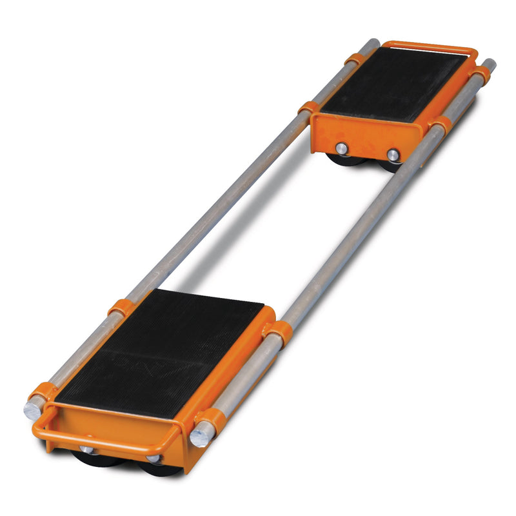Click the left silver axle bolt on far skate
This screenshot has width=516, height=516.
pos(342,148)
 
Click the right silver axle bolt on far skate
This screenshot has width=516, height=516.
pos(393,154)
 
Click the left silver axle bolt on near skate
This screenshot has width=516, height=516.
pos(85,449)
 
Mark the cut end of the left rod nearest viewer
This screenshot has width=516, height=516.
pos(32,411)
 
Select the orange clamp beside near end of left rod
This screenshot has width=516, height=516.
pos(44,391)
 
